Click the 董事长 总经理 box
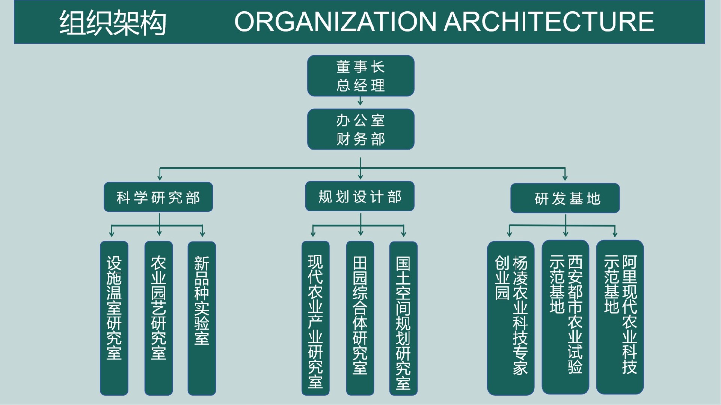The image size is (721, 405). click(360, 76)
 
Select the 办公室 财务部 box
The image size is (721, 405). click(360, 129)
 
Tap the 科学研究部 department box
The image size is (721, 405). click(158, 197)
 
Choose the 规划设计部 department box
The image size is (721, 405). click(360, 196)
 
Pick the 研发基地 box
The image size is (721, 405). click(565, 198)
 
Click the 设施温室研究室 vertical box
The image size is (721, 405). click(114, 318)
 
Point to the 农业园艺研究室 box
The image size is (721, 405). click(158, 318)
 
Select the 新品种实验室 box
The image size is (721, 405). click(202, 318)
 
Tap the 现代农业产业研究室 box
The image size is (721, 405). click(315, 318)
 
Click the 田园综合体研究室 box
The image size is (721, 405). click(360, 318)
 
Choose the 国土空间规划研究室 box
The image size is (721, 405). click(403, 318)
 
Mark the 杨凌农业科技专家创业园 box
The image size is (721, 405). click(511, 318)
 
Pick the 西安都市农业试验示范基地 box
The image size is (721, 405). click(565, 317)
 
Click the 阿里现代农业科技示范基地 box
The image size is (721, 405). click(620, 317)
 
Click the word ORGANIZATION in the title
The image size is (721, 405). click(335, 21)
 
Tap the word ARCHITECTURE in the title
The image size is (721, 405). click(549, 21)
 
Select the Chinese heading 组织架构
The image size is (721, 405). click(113, 22)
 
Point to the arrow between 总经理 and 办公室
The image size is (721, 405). click(360, 102)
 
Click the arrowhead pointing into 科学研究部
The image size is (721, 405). click(160, 178)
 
